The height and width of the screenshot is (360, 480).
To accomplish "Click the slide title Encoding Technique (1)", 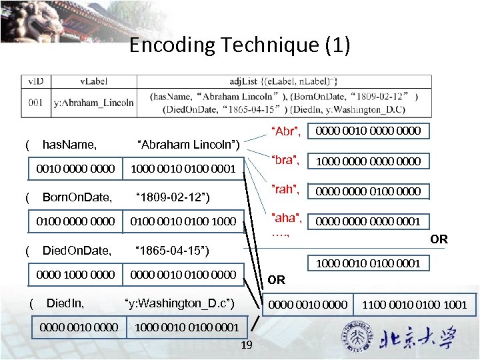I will (x=239, y=45).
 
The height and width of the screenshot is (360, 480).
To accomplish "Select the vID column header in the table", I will (x=36, y=81).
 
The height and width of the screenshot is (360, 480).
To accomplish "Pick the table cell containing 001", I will (x=36, y=103).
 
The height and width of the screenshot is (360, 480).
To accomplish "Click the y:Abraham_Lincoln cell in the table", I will (x=93, y=103).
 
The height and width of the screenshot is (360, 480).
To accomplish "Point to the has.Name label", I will (x=69, y=144).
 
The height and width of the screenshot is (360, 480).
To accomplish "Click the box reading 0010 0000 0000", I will (x=75, y=169).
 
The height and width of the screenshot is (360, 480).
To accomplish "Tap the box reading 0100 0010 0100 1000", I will (x=183, y=221).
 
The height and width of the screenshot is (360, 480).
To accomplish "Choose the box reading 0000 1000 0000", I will (x=75, y=274).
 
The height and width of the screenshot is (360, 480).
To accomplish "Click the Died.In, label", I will (x=65, y=304).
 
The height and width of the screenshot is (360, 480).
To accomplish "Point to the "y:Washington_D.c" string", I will (x=180, y=304).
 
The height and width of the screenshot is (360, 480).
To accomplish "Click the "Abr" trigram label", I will (x=285, y=131).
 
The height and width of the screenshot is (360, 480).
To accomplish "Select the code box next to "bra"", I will (x=367, y=161).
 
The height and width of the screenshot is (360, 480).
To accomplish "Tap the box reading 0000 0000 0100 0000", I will (x=367, y=191).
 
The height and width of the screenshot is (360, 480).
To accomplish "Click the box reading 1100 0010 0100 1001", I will (x=414, y=305).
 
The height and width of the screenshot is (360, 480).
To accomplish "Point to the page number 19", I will (x=246, y=345).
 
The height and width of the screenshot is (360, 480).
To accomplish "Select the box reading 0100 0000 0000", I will (x=75, y=221).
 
